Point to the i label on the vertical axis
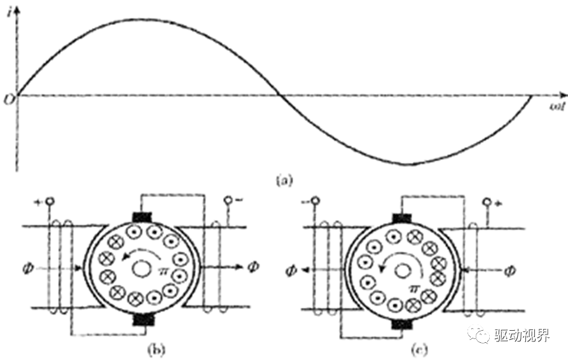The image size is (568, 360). pyautogui.click(x=11, y=9)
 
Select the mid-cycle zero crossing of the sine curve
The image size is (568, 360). pyautogui.click(x=279, y=96)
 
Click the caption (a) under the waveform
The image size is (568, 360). pyautogui.click(x=283, y=180)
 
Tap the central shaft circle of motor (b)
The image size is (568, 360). pyautogui.click(x=141, y=269)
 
